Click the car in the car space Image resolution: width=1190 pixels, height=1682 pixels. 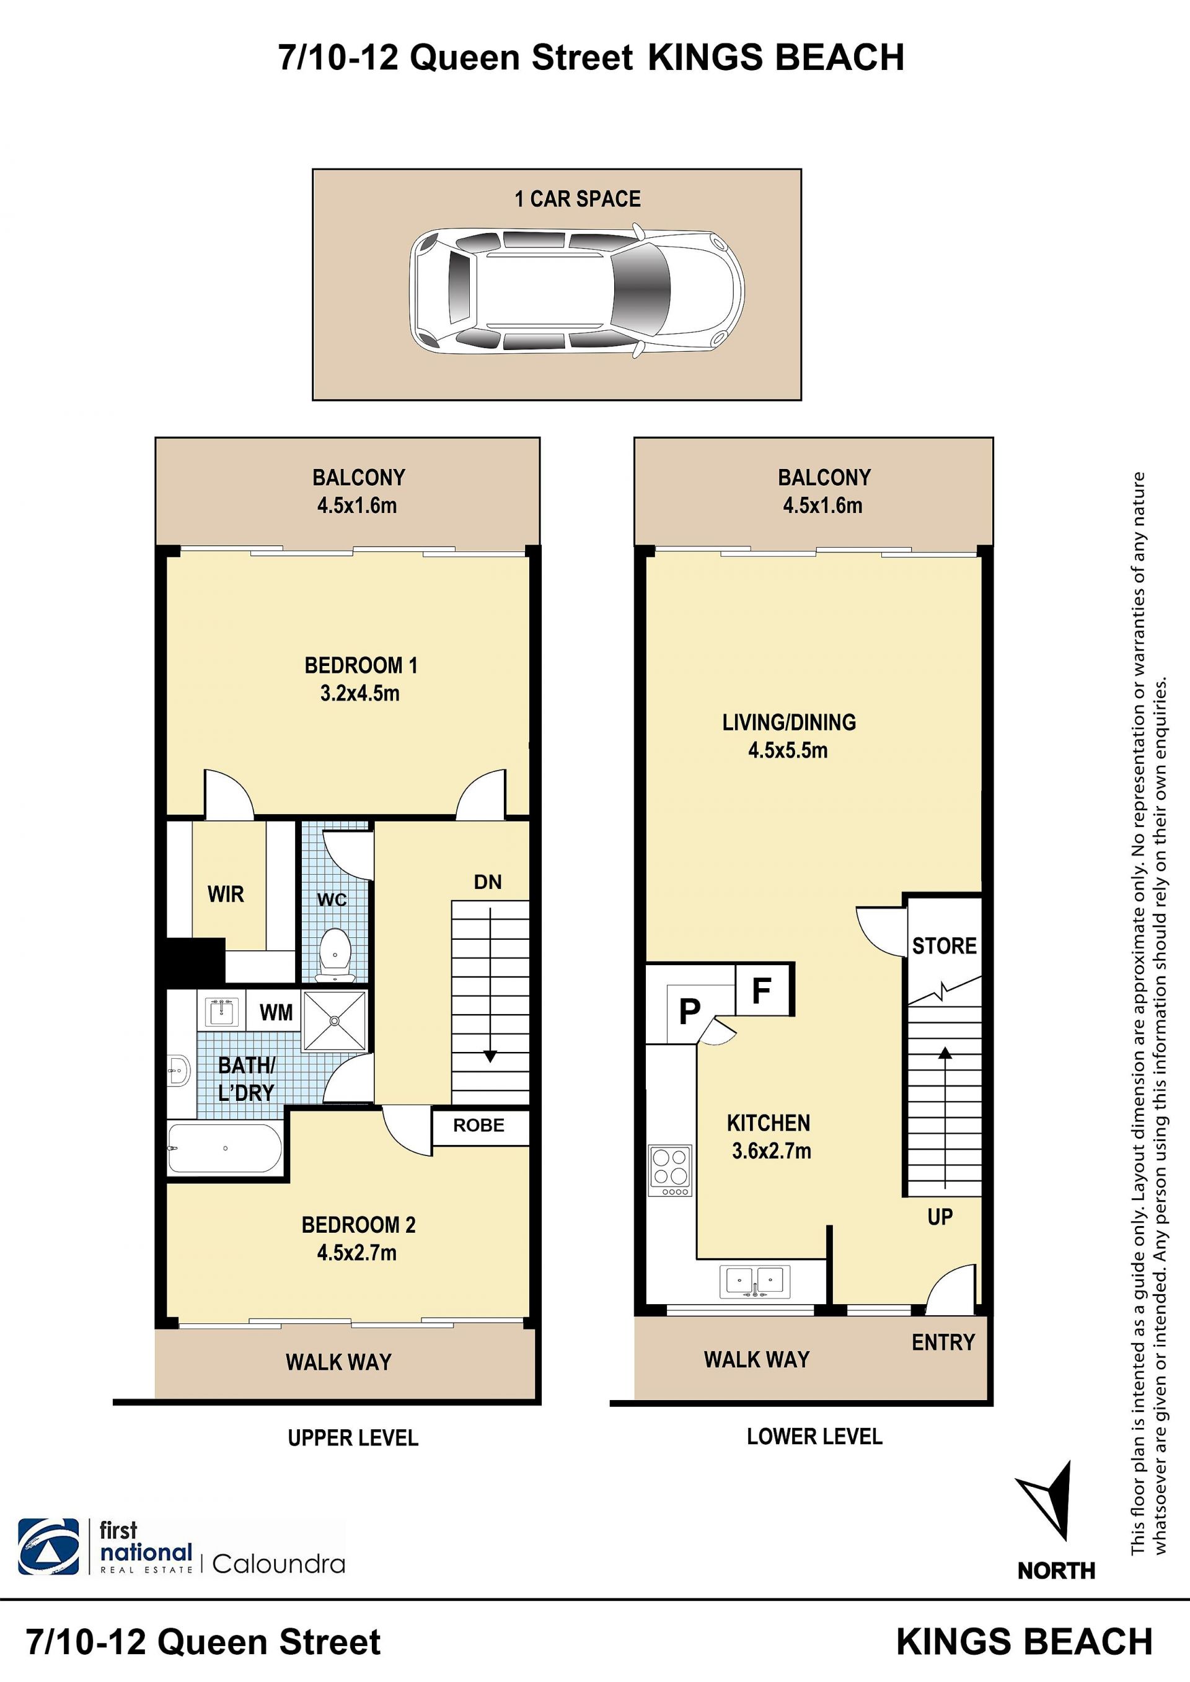click(x=576, y=291)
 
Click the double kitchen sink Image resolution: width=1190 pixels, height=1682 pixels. click(x=754, y=1281)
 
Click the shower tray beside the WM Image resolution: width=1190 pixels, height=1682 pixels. click(x=334, y=1020)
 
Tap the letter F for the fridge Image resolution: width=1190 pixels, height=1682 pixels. click(x=762, y=991)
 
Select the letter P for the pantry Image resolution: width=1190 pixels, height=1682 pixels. click(x=690, y=1012)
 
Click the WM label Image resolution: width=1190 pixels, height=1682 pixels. click(x=276, y=1012)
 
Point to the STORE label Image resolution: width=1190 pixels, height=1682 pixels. click(x=944, y=946)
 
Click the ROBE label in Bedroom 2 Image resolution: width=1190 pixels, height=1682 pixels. click(x=478, y=1125)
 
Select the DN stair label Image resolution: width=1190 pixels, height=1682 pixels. click(x=488, y=882)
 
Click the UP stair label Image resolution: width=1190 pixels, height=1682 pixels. click(x=940, y=1217)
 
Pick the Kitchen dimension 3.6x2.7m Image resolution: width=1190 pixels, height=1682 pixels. click(x=772, y=1151)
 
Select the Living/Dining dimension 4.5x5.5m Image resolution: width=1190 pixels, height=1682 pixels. click(x=788, y=750)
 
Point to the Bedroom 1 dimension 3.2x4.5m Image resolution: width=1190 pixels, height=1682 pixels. click(x=359, y=693)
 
